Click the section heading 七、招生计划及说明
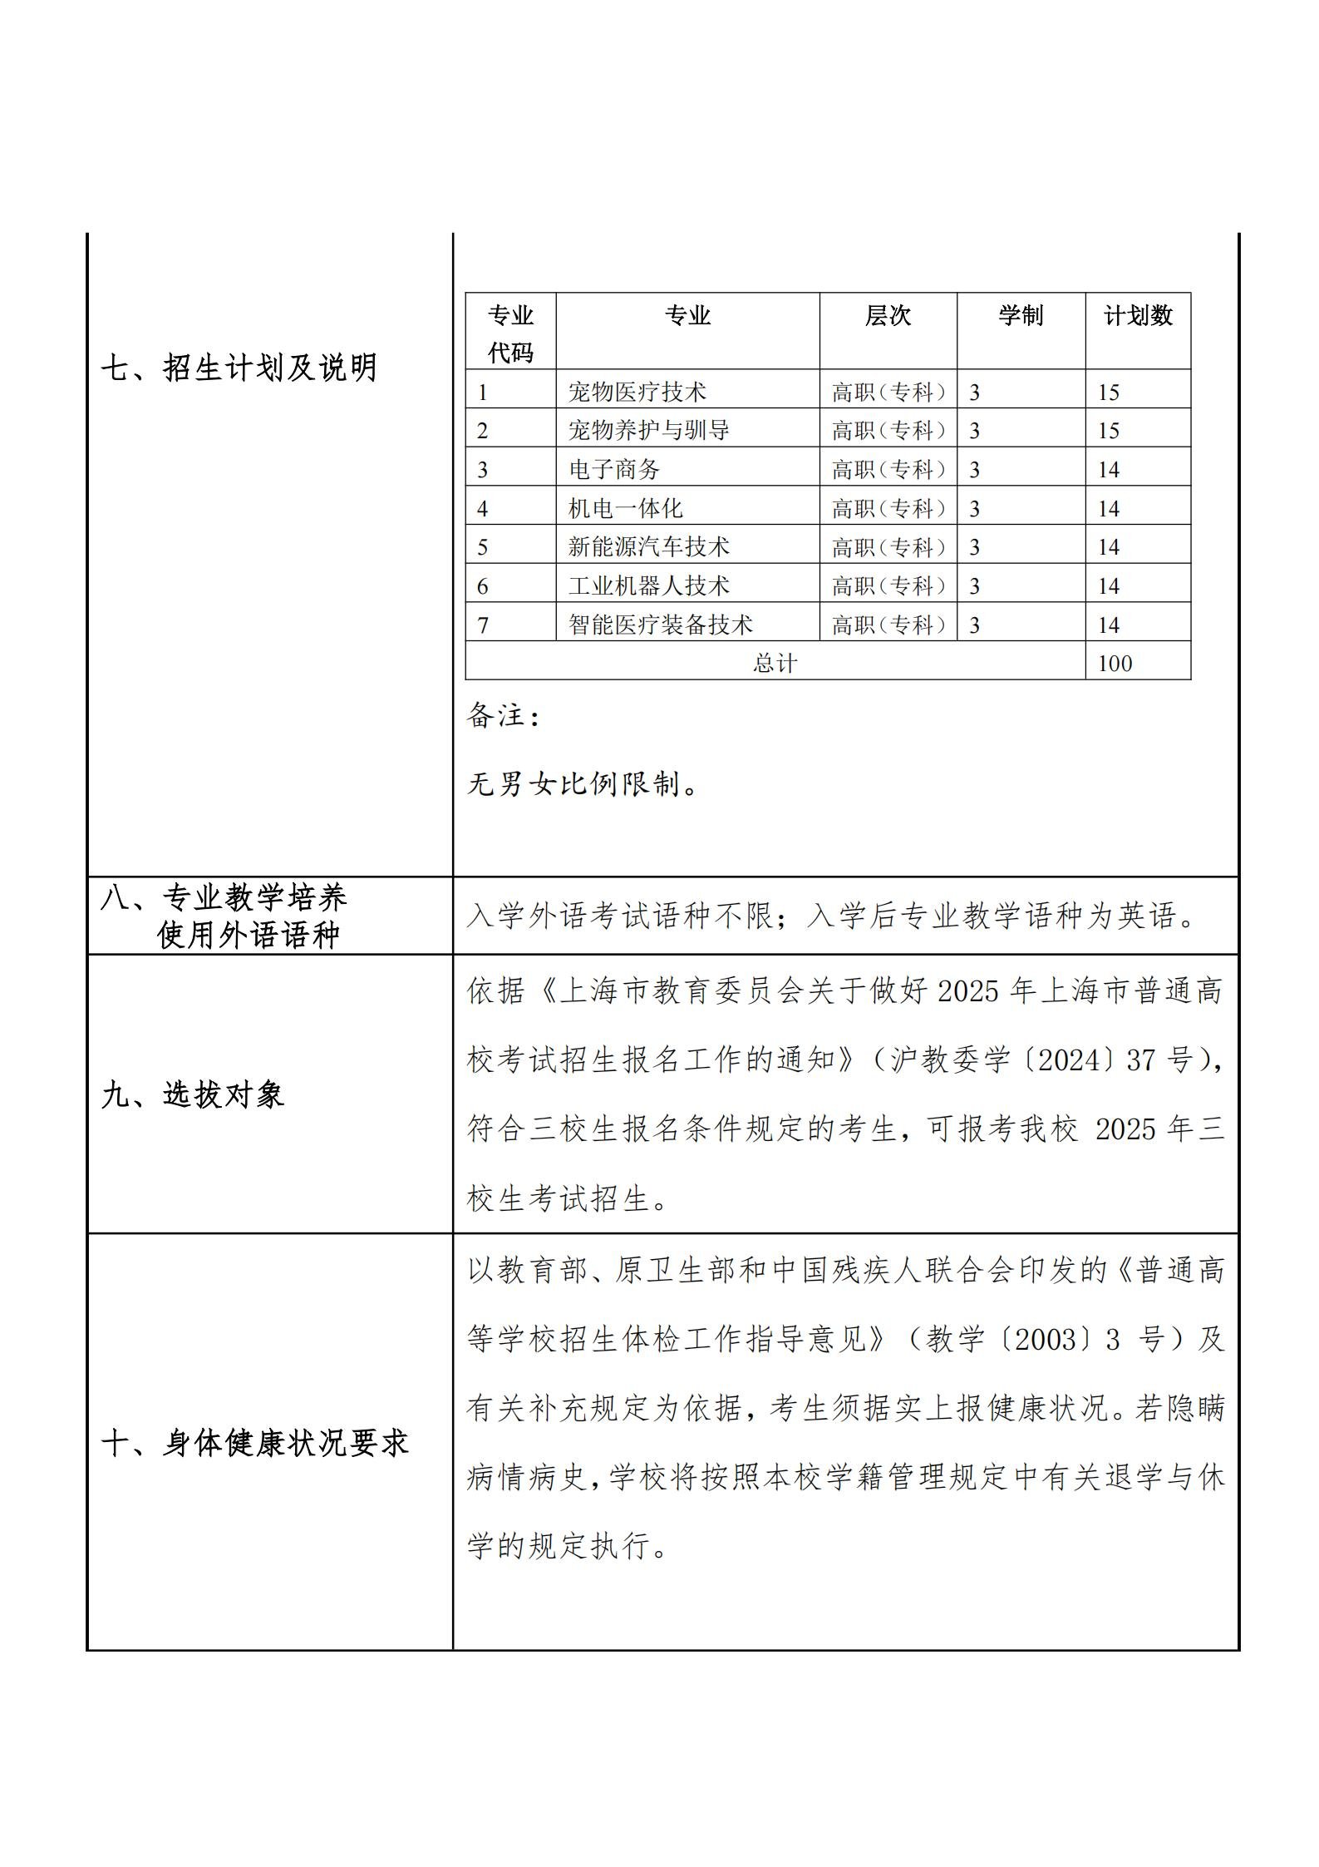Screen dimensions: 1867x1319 coord(239,368)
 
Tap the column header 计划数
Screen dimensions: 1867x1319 coord(1137,316)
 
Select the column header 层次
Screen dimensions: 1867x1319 coord(888,316)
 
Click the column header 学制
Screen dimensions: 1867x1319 coord(1021,316)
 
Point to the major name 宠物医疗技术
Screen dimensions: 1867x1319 coord(637,392)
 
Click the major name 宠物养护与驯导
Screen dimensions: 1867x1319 coord(648,431)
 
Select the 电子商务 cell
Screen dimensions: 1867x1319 coord(613,470)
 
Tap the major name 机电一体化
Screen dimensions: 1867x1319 coord(625,508)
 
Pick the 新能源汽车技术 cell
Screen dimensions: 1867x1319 coord(648,547)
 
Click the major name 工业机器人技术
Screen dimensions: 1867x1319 coord(648,586)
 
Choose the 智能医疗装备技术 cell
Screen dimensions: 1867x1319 coord(660,625)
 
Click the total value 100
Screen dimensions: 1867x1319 coord(1115,664)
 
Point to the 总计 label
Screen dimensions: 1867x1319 coord(775,664)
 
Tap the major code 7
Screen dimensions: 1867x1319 coord(483,625)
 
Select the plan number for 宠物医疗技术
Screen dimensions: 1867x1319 coord(1109,392)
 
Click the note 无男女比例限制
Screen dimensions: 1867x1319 coord(582,783)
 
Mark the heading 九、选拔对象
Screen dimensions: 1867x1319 coord(193,1095)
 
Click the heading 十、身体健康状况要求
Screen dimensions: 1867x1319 coord(255,1443)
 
